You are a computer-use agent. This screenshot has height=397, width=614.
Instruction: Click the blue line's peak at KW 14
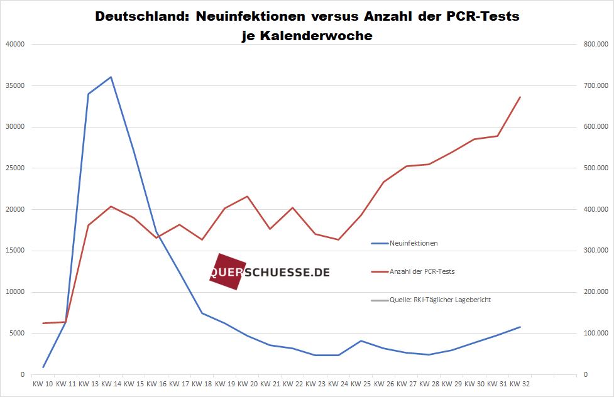(111, 77)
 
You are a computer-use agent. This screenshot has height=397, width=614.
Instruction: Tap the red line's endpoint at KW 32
(520, 97)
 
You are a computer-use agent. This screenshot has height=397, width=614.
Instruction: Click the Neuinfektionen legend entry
(414, 243)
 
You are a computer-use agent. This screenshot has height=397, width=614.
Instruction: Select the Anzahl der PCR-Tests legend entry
(422, 271)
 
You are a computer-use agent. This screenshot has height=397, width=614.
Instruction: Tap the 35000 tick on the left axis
(14, 85)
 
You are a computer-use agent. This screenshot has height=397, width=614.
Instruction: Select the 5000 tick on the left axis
(16, 333)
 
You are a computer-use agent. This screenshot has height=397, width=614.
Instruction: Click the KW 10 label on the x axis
(43, 383)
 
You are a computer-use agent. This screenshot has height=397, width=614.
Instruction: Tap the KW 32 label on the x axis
(520, 383)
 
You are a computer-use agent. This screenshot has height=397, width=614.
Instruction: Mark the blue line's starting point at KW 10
(43, 367)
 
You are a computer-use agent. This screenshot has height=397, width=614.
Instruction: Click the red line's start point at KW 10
(43, 323)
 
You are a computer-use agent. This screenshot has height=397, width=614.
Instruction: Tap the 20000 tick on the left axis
(14, 209)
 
